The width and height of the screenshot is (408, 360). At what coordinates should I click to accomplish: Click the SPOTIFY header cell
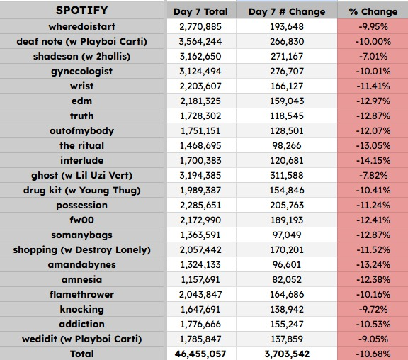[x=81, y=11]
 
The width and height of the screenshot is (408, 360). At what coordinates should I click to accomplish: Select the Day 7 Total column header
[x=200, y=12]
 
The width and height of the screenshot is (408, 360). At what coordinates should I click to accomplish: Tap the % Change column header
[x=373, y=12]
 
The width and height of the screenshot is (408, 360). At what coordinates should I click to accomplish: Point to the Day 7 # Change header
[x=287, y=12]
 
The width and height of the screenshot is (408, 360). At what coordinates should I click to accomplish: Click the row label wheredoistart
[x=81, y=26]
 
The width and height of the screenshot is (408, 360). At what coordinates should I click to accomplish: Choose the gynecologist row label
[x=81, y=72]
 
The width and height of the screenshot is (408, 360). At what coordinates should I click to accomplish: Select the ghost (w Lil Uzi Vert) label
[x=81, y=176]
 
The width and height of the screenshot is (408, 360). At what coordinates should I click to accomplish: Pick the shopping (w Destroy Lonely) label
[x=81, y=250]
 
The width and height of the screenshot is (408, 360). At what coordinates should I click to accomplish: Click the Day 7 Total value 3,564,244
[x=200, y=42]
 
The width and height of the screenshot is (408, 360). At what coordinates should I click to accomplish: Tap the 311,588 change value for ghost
[x=287, y=176]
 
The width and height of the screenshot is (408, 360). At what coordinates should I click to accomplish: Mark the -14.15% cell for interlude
[x=373, y=161]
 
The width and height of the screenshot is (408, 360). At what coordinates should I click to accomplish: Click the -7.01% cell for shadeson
[x=373, y=57]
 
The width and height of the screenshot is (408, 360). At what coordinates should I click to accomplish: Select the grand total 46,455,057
[x=200, y=354]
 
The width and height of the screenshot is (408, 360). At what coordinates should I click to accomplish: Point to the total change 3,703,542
[x=287, y=354]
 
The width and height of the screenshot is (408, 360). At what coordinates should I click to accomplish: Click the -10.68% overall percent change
[x=373, y=354]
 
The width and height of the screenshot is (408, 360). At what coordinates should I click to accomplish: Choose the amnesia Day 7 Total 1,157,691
[x=200, y=279]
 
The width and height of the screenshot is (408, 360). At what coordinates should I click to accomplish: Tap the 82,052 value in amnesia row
[x=287, y=279]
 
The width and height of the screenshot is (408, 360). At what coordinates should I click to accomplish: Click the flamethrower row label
[x=81, y=294]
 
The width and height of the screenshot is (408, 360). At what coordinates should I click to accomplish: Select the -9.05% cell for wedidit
[x=373, y=339]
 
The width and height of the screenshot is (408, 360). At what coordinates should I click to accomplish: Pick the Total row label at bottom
[x=81, y=354]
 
